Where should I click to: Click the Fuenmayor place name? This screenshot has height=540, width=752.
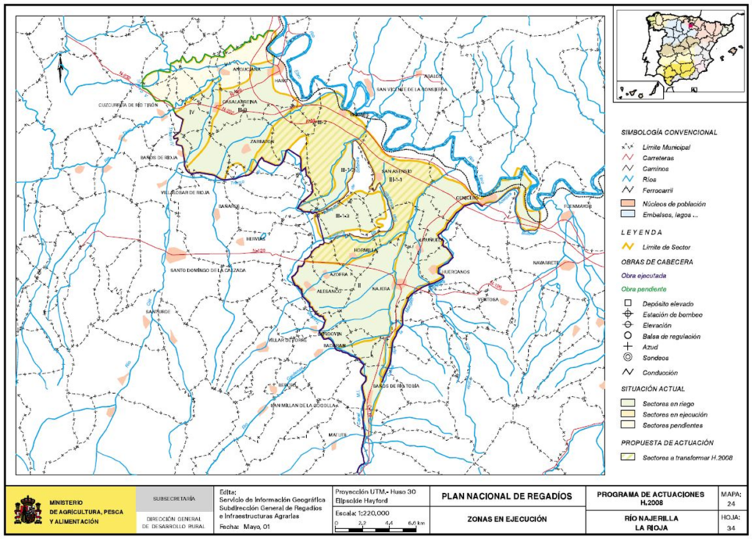tap(577, 206)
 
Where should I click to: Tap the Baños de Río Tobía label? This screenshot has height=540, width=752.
tap(396, 386)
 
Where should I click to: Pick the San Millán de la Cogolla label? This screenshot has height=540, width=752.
tap(303, 405)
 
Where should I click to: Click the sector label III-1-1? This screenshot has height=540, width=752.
tap(397, 179)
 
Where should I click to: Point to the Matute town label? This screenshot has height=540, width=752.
tap(337, 435)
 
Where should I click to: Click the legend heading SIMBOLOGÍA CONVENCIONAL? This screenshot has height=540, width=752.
tap(669, 132)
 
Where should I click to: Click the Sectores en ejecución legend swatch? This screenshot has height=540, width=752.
tap(628, 414)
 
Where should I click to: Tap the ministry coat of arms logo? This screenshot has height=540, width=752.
tap(28, 509)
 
